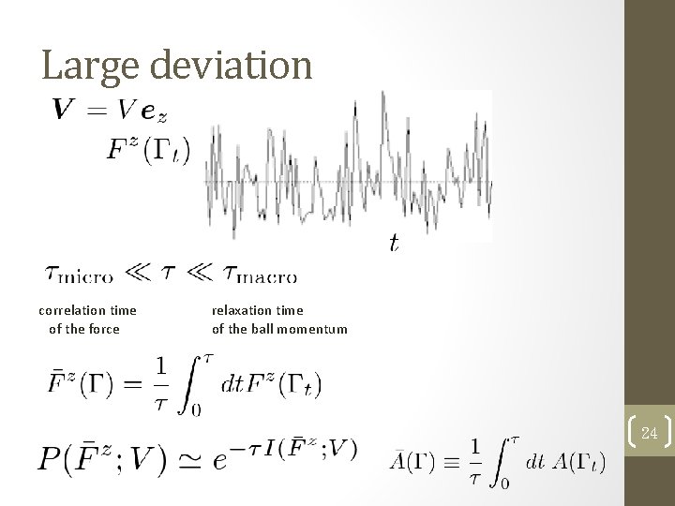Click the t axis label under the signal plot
(393, 244)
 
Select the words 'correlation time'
(87, 310)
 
